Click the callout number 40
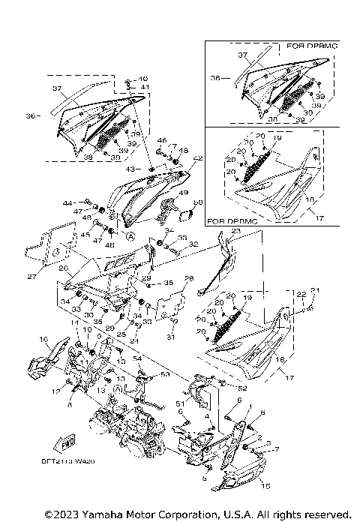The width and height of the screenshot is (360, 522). (143, 79)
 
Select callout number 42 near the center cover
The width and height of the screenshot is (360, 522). (198, 158)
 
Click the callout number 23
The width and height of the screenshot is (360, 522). (236, 232)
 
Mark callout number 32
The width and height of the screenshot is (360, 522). (193, 244)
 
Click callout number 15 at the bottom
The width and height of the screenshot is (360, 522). (265, 487)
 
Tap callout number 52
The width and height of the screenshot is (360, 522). (242, 388)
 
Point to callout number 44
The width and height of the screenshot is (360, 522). (67, 203)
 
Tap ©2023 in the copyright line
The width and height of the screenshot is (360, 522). (59, 514)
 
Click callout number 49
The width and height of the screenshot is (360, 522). (184, 193)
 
